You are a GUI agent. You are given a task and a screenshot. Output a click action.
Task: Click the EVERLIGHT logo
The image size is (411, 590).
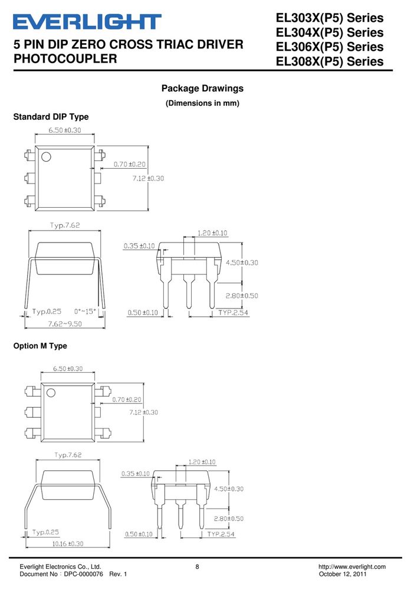click(87, 22)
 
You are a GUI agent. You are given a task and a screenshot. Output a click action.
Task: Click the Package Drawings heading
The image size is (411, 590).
click(202, 88)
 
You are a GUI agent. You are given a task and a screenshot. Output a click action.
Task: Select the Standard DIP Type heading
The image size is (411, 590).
click(51, 117)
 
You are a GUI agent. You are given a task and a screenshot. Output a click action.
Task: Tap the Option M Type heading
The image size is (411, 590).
click(40, 346)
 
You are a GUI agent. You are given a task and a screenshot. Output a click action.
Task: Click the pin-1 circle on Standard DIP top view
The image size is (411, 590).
click(46, 156)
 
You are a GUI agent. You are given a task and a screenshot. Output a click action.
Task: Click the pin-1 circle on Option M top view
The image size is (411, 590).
click(51, 393)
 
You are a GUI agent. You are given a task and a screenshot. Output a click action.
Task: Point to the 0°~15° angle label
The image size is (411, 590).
click(85, 312)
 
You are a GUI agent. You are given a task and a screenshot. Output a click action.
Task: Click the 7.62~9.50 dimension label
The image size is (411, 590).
click(65, 323)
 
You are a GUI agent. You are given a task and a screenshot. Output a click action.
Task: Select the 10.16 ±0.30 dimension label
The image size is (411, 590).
click(68, 544)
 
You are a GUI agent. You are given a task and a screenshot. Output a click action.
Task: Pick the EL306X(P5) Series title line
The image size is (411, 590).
click(330, 47)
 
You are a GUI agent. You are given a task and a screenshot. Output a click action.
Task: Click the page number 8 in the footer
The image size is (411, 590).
click(197, 566)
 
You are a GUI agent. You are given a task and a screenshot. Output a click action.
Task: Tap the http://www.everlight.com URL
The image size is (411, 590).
click(352, 566)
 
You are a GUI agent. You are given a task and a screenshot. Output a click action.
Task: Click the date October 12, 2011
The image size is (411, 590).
click(343, 574)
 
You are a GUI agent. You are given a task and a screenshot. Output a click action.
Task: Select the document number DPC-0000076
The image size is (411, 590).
click(84, 574)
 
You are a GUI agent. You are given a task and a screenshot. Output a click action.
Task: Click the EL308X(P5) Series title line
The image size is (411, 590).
click(330, 61)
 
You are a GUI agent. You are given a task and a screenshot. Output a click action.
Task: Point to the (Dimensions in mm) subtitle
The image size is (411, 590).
click(202, 103)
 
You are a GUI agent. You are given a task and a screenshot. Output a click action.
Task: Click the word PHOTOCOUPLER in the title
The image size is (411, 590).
click(65, 58)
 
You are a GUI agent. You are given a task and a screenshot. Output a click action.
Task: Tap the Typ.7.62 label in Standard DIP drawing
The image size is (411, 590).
click(65, 225)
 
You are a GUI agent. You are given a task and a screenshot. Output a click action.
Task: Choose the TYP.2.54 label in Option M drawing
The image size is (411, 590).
click(221, 535)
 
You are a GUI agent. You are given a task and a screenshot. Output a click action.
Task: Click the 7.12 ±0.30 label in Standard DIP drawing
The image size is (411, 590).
click(148, 178)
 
